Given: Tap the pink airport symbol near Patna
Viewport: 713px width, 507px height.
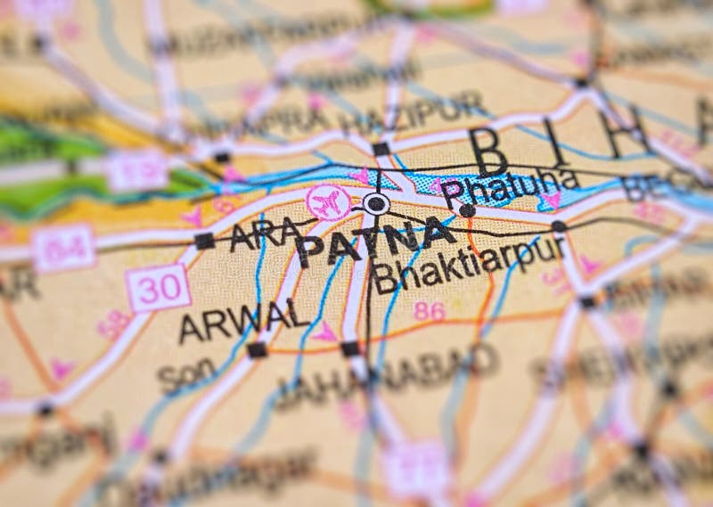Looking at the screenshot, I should point(329,201).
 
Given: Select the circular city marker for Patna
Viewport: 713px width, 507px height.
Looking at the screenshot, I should point(376,204).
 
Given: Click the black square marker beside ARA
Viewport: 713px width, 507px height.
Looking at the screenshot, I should point(204,241).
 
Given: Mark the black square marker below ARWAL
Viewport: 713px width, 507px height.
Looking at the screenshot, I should point(257,350).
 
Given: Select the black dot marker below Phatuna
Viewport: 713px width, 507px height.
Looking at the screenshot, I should point(466,210).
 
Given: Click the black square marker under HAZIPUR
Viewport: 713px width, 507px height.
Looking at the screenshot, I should point(381,148).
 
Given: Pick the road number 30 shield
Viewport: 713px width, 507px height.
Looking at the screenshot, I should point(158,288).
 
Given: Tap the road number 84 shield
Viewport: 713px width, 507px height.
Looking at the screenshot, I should point(63,248).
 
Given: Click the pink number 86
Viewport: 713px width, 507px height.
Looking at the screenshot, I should point(429,311).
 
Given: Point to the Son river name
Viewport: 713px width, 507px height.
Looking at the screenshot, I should point(185,377).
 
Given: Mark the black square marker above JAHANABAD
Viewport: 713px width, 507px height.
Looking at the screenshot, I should point(350,348).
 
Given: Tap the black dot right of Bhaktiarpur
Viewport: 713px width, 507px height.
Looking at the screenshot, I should point(558,226).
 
